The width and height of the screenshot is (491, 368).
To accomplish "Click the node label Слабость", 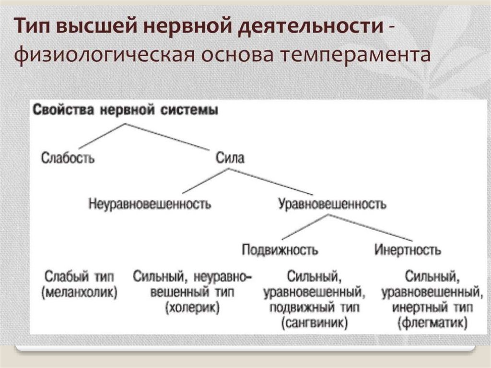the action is click(x=68, y=157).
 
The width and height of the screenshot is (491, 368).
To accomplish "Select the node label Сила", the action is click(x=230, y=157).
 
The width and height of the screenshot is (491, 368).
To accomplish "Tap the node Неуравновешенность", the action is click(x=150, y=204).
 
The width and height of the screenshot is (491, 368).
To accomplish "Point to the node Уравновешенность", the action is click(x=332, y=204).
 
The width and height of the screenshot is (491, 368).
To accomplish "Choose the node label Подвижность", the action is click(x=280, y=250).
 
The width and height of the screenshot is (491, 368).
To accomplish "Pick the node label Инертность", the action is click(x=408, y=250).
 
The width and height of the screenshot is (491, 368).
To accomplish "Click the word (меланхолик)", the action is click(x=80, y=292).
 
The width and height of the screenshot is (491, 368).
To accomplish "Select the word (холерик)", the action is click(x=192, y=307).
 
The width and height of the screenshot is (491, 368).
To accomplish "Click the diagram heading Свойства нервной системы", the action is click(x=125, y=110).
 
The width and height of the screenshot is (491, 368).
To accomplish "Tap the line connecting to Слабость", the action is click(x=102, y=136).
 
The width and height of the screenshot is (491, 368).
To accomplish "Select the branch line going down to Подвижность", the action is click(x=304, y=228).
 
